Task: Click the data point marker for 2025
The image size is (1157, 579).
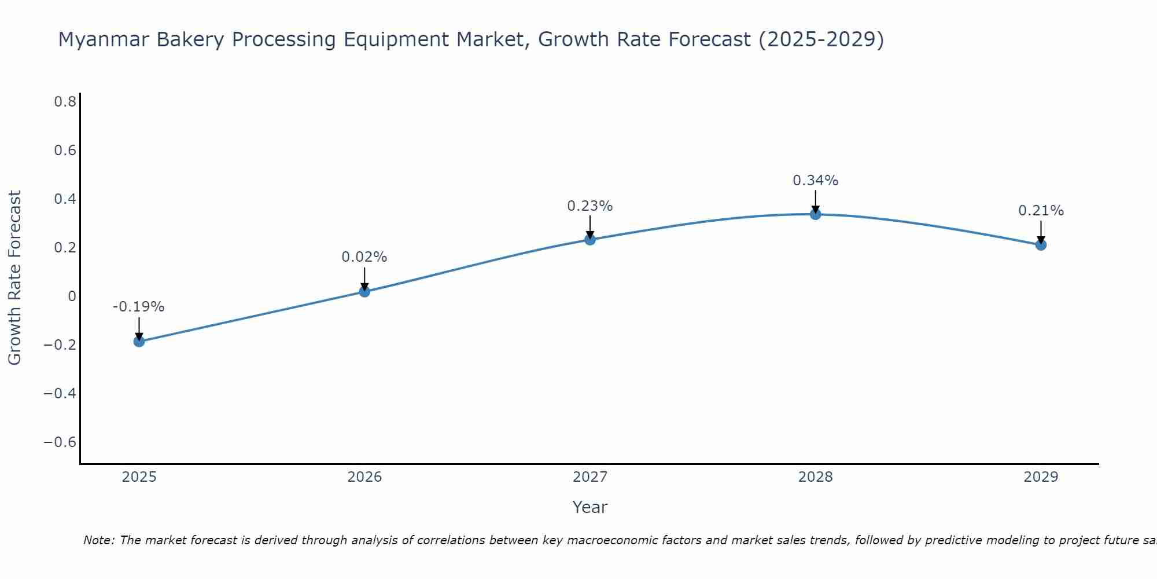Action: (x=139, y=341)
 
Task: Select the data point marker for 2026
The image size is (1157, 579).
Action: (x=364, y=291)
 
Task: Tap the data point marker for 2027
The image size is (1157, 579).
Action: (x=590, y=239)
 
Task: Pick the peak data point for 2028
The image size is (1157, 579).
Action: (x=816, y=214)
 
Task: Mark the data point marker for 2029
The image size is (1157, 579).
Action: (x=1041, y=244)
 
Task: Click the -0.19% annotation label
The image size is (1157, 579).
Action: (x=139, y=307)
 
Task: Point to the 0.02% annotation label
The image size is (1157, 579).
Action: (x=364, y=257)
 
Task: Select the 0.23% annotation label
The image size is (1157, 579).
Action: (x=590, y=206)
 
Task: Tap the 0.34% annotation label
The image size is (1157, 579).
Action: (x=816, y=181)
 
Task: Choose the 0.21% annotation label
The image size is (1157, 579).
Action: (x=1041, y=211)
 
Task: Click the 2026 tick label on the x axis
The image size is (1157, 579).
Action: (x=364, y=477)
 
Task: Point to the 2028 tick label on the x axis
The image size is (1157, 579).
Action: (x=816, y=477)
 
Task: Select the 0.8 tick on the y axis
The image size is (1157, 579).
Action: (x=65, y=102)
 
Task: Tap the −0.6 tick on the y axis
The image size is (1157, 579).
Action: (x=60, y=442)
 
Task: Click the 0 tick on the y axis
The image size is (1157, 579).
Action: (x=72, y=296)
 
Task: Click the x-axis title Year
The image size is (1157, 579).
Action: (x=590, y=507)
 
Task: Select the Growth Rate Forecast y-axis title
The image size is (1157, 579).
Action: (x=15, y=278)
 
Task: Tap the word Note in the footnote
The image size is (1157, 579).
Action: (x=98, y=540)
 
